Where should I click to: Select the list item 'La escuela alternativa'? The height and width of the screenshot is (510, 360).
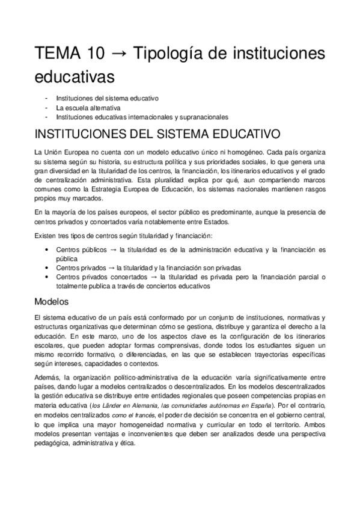coord(88,108)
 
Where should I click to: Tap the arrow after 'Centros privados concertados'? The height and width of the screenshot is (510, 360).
coord(154,277)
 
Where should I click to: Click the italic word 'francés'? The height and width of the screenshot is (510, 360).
coord(153,415)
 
